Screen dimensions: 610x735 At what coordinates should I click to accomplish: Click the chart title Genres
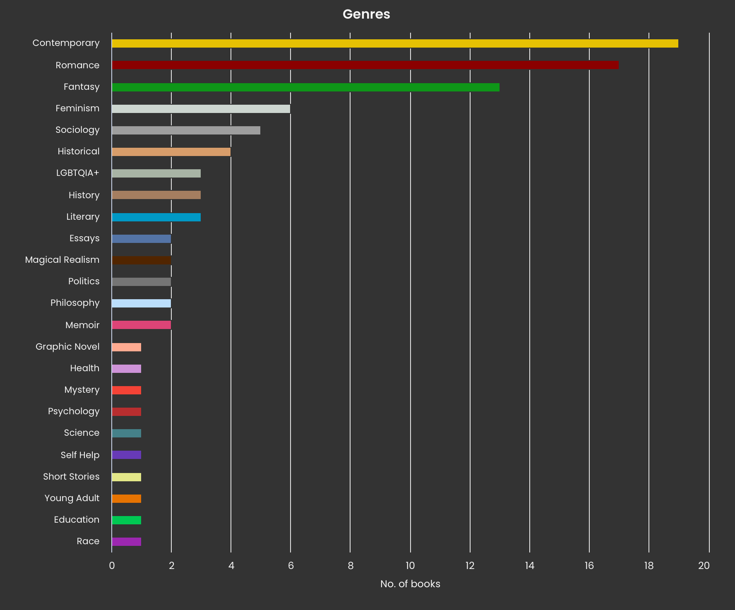(x=366, y=14)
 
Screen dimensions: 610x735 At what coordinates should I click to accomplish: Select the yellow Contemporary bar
(x=395, y=43)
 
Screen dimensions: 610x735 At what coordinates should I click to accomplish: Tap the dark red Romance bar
(x=365, y=65)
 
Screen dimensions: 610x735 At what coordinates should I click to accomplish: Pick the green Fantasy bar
(x=305, y=87)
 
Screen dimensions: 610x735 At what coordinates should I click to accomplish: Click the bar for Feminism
(x=201, y=109)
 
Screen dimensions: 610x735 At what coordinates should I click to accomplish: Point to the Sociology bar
(x=186, y=130)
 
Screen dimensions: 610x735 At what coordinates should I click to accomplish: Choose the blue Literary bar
(x=156, y=217)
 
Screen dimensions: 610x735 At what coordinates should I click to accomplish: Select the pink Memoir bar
(x=141, y=325)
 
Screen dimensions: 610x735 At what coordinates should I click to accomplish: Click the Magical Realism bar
(x=141, y=260)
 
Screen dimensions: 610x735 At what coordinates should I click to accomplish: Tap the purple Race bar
(x=126, y=542)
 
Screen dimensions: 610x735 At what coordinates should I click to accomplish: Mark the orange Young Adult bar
(x=126, y=499)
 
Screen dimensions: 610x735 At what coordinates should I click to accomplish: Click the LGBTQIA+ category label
(x=78, y=173)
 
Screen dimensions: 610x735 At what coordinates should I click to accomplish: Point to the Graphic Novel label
(x=67, y=347)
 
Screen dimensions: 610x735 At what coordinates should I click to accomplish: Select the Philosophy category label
(x=75, y=303)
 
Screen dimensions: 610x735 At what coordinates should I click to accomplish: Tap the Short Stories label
(x=71, y=477)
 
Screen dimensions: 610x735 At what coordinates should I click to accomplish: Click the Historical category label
(x=79, y=151)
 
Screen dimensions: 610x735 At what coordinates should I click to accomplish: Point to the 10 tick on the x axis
(x=410, y=566)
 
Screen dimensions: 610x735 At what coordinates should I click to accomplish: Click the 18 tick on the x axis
(x=649, y=566)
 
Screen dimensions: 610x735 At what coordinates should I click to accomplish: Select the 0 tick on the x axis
(x=112, y=566)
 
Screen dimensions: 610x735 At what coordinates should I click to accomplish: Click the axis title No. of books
(x=410, y=584)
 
